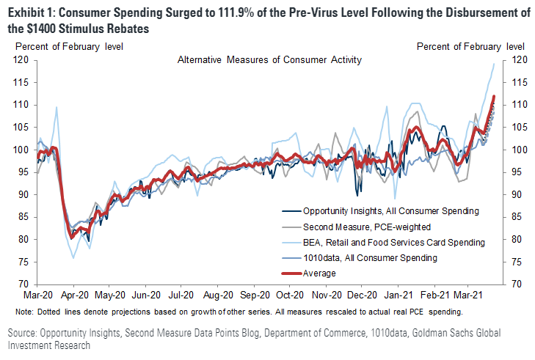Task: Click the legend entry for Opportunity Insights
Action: point(381,210)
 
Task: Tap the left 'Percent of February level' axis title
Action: point(68,46)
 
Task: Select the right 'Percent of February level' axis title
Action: point(470,46)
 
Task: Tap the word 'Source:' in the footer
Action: point(26,334)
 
